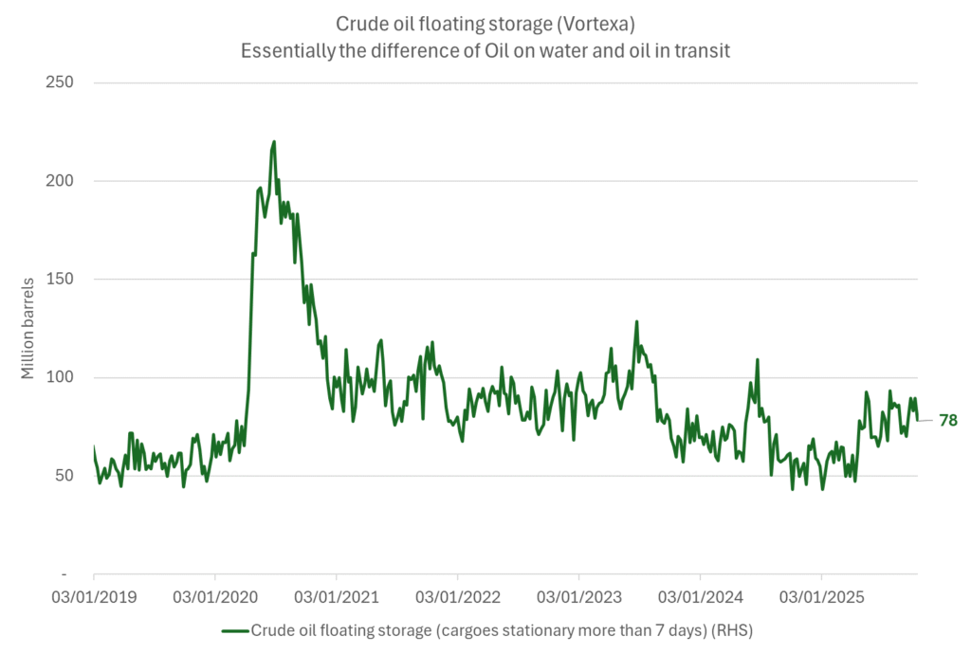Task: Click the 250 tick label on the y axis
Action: coord(61,82)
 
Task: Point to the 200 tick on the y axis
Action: coord(61,181)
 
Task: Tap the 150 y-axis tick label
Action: coord(61,280)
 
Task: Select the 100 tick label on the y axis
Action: coord(61,378)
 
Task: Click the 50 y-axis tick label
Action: coord(64,476)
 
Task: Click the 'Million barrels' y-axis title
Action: coord(28,328)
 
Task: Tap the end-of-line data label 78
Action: coord(947,420)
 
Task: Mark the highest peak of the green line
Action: coord(274,142)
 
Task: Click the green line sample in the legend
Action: coord(234,629)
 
